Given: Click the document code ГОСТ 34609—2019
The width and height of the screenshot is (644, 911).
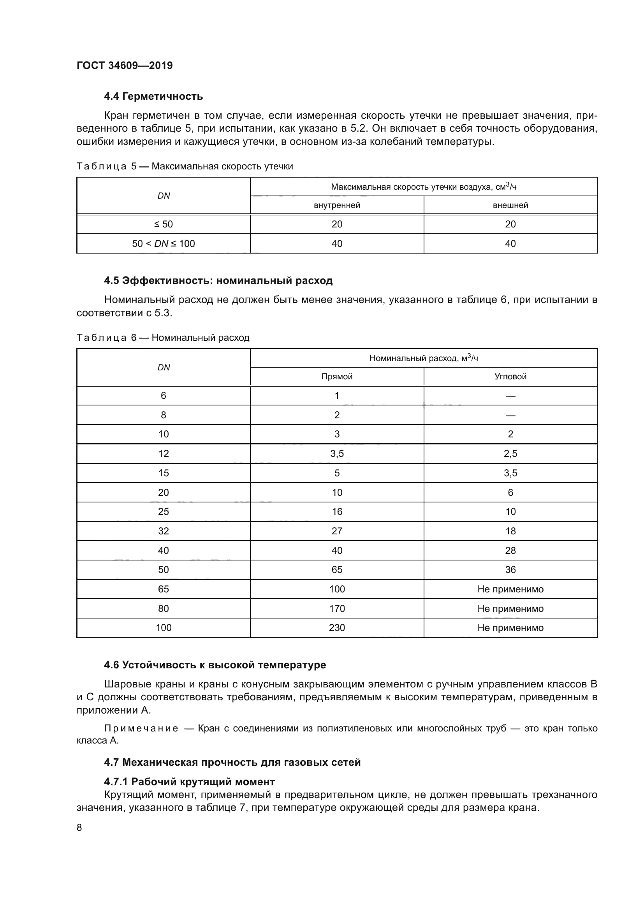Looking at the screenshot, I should pos(125,65).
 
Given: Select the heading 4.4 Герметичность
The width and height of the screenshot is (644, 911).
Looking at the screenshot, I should pos(153,97).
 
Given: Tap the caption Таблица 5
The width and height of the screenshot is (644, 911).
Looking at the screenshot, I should pos(106,166).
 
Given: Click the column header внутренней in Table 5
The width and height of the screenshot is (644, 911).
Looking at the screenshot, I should pos(337,206).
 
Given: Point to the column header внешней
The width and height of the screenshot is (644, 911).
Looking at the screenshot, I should pos(510,206).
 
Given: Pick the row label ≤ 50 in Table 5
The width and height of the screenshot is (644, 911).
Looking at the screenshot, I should pos(164,225).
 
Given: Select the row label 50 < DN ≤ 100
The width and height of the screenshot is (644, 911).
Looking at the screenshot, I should pos(164,243).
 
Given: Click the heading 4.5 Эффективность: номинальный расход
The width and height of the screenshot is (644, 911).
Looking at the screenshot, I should pos(218,280).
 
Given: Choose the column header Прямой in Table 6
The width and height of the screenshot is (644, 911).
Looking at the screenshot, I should pos(337,377).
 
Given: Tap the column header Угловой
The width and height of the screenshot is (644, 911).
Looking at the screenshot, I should pos(510,377).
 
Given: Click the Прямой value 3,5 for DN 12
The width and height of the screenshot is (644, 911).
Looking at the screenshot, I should pos(337,453).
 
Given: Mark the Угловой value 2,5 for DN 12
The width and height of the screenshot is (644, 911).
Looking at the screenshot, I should pos(510,453).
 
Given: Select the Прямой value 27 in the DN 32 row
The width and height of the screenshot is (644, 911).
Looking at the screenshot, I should pos(337,531).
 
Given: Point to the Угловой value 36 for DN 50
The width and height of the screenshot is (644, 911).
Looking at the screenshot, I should pos(510,570).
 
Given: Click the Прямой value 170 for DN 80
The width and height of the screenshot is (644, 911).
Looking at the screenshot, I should pos(337,609).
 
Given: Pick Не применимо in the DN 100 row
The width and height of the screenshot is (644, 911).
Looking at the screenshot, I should pos(510,628).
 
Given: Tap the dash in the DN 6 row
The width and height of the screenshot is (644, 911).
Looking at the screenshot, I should pos(510,396).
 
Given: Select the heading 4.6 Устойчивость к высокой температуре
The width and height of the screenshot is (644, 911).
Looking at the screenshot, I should pos(215,665).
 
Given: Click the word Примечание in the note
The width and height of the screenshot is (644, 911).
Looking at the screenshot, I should pos(141,729).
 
